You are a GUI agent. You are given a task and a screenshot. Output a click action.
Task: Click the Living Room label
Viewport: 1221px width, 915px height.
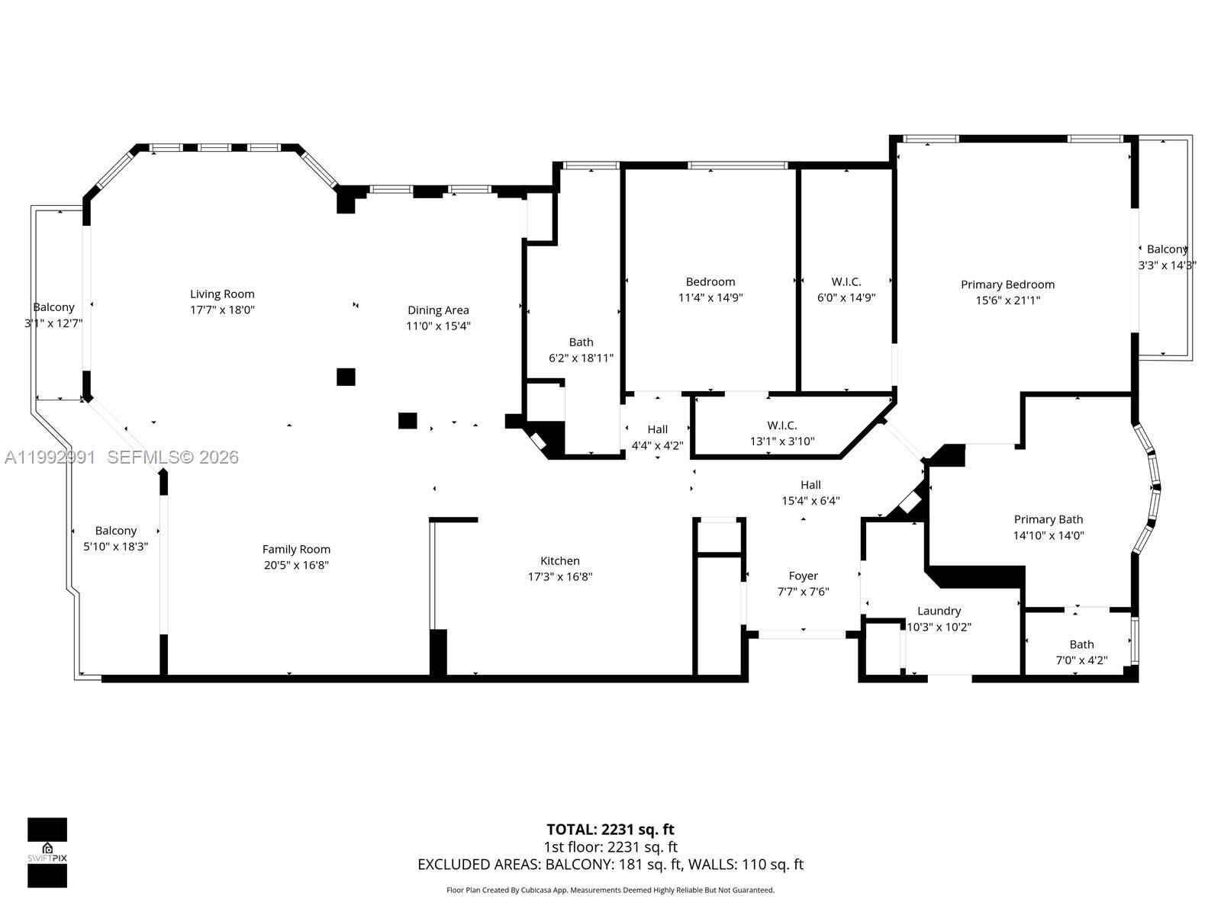pos(222,294)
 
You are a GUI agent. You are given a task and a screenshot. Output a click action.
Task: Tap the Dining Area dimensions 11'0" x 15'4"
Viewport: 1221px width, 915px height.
pos(438,326)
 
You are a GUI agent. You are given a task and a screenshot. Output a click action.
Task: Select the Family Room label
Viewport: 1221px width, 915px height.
pos(296,549)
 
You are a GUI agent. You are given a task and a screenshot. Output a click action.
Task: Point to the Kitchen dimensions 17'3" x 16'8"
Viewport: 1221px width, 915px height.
pos(560,577)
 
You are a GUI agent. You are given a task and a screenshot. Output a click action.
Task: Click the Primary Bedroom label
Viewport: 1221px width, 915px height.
pos(1007,284)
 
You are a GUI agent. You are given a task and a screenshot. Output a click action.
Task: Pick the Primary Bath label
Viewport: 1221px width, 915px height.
pos(1049,519)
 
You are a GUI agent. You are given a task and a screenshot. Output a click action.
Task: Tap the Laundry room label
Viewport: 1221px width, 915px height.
pos(939,611)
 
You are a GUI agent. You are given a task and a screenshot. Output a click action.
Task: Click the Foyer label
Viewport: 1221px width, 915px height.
pos(803,576)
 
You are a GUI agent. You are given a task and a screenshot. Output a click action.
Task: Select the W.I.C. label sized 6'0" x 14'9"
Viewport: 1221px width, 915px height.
pos(846,281)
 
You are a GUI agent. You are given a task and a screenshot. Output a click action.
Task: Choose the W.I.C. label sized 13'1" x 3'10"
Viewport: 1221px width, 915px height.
pos(782,425)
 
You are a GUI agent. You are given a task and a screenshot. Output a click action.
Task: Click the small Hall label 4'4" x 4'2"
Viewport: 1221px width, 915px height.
pos(657,429)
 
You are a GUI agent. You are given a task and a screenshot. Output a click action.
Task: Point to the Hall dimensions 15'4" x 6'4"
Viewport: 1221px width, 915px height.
pos(810,501)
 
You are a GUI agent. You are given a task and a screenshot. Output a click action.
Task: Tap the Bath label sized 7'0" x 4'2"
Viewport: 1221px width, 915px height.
pos(1081,644)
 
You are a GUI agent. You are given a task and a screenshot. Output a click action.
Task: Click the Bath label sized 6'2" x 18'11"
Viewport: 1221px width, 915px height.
pos(581,342)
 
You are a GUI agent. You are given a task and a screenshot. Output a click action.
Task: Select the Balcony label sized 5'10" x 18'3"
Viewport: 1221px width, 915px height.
pos(116,531)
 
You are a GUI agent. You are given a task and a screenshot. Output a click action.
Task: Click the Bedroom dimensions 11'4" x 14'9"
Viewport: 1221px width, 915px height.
pos(710,298)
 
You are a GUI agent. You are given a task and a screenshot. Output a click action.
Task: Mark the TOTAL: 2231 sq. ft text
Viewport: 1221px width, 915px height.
pos(610,830)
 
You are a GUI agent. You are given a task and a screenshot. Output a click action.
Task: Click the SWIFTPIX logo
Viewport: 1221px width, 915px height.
pos(47,852)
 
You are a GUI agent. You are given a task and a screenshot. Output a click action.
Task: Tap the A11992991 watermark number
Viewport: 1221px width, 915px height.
pos(50,457)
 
